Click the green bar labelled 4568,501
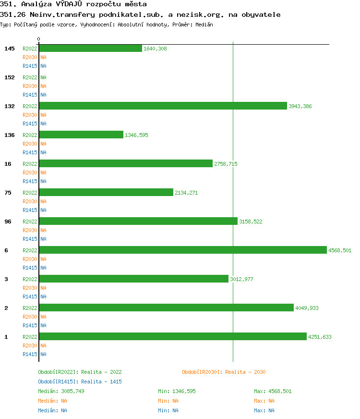182,250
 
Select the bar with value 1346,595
81,135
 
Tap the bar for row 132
163,106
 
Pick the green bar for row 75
106,192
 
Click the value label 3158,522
251,222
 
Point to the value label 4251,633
320,337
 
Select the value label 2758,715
226,164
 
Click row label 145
10,49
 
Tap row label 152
10,77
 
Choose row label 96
8,222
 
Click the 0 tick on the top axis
39,39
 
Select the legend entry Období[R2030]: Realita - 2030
224,372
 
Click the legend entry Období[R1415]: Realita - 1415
80,382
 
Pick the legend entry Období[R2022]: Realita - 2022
80,372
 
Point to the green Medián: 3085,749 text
61,391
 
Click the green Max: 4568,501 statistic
273,391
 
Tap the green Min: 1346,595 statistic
177,391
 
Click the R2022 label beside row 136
30,135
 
